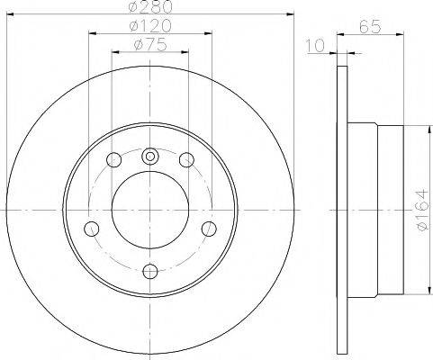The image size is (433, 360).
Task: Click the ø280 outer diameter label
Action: (x=149, y=9)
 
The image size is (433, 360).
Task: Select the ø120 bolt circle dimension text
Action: (x=149, y=27)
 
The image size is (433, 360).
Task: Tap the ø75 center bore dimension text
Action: (x=149, y=44)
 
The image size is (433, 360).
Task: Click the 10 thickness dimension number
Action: (x=314, y=46)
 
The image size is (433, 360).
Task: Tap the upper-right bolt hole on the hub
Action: (x=186, y=160)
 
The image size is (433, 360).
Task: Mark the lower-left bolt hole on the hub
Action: (x=91, y=228)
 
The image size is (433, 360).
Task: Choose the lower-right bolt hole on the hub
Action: (x=209, y=228)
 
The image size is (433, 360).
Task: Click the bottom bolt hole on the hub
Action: (x=149, y=269)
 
